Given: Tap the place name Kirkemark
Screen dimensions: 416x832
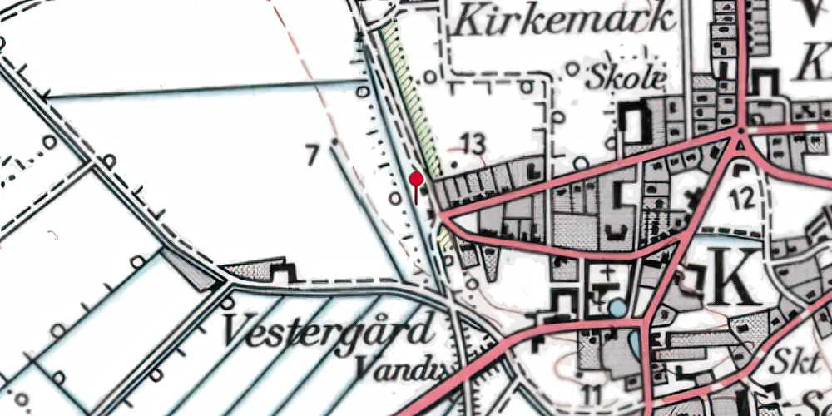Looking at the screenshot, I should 562,20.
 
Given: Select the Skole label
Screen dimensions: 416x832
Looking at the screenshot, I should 626,78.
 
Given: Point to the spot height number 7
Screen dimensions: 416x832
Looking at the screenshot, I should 312,155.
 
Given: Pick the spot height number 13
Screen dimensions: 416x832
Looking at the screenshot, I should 472,145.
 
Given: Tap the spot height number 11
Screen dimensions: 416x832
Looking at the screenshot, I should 592,392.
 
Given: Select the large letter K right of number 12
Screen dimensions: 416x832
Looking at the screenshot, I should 735,276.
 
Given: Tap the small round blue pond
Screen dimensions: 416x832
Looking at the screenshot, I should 618,309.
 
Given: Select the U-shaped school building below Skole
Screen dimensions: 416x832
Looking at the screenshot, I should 636,123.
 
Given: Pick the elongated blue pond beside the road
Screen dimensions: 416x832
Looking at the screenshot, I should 636,340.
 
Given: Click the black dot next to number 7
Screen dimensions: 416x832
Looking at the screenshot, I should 334,143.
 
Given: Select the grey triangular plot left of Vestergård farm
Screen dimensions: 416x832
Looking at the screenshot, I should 191,269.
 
